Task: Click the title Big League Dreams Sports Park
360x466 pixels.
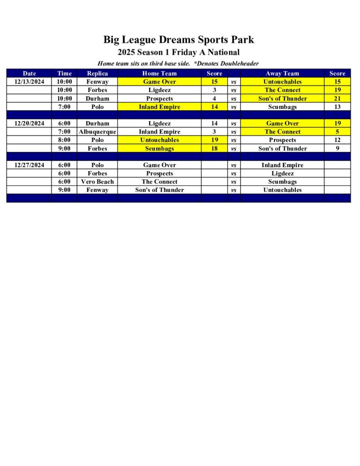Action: pos(178,40)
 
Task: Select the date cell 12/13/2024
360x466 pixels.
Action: pos(29,81)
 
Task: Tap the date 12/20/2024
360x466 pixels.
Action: pos(29,123)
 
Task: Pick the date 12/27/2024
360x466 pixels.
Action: pos(29,165)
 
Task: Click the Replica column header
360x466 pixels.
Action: pos(97,73)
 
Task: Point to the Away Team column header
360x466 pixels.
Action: pos(282,73)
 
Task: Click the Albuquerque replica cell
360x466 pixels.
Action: pos(97,132)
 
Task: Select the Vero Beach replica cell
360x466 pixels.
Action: pos(97,182)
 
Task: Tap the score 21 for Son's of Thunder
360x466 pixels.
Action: pos(337,98)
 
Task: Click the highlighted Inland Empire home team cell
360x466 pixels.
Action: pos(159,107)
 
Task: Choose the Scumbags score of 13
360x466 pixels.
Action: pos(337,107)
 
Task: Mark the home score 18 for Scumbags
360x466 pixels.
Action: pos(214,148)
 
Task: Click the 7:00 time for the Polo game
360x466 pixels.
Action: pos(64,107)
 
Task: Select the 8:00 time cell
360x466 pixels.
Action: pos(64,140)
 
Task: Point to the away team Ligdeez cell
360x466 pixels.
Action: pos(282,173)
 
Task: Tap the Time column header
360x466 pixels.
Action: pos(64,73)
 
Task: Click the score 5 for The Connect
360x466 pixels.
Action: pos(337,132)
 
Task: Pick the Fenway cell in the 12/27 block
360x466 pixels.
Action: pos(97,190)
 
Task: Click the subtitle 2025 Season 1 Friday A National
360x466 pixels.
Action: pos(178,52)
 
